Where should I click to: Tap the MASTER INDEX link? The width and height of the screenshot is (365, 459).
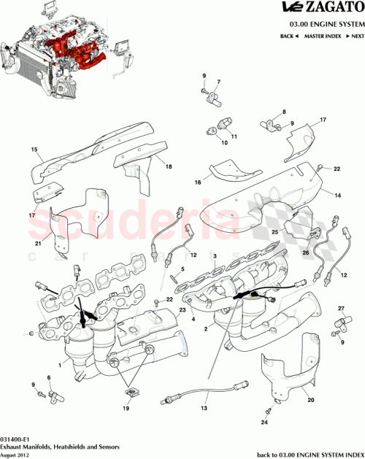(322, 36)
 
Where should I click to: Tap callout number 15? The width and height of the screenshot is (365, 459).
(34, 150)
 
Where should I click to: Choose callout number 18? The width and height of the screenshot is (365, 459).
(169, 167)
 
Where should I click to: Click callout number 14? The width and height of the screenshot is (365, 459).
(338, 196)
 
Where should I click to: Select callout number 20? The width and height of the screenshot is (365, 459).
(310, 400)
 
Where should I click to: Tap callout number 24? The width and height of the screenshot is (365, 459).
(265, 423)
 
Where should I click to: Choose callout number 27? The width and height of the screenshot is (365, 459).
(340, 309)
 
